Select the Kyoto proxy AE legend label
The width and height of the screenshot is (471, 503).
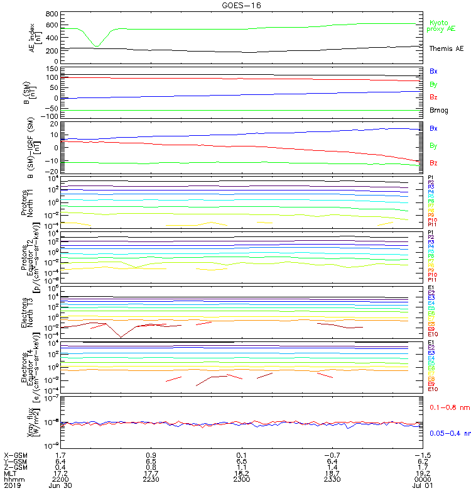(443, 26)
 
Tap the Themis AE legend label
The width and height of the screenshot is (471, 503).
(446, 48)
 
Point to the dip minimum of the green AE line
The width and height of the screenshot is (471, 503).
(96, 46)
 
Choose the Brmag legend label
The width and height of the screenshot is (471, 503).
(439, 110)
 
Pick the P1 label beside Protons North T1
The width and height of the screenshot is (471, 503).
(431, 178)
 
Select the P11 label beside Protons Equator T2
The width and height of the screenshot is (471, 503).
(432, 280)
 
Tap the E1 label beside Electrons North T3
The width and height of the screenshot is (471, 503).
(431, 288)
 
